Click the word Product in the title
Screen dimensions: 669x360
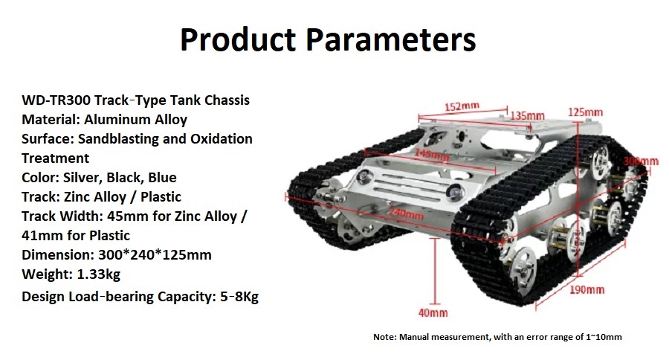tap(238, 39)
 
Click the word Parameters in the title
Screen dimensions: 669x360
tap(391, 39)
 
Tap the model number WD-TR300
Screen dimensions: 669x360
tap(56, 100)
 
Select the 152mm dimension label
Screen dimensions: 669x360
tap(462, 106)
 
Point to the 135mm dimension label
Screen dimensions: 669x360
tap(528, 115)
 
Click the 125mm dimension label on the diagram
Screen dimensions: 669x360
tap(586, 112)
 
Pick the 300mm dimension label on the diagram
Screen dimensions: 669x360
tap(641, 161)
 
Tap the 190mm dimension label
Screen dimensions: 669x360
tap(587, 290)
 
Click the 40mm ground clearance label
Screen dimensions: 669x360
tap(433, 313)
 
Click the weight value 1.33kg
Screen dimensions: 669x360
tap(99, 274)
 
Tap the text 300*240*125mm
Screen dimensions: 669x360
tap(155, 255)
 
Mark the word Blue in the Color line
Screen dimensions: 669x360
tap(162, 178)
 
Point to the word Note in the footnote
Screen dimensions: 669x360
tap(384, 337)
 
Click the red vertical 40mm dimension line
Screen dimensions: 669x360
tap(435, 271)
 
